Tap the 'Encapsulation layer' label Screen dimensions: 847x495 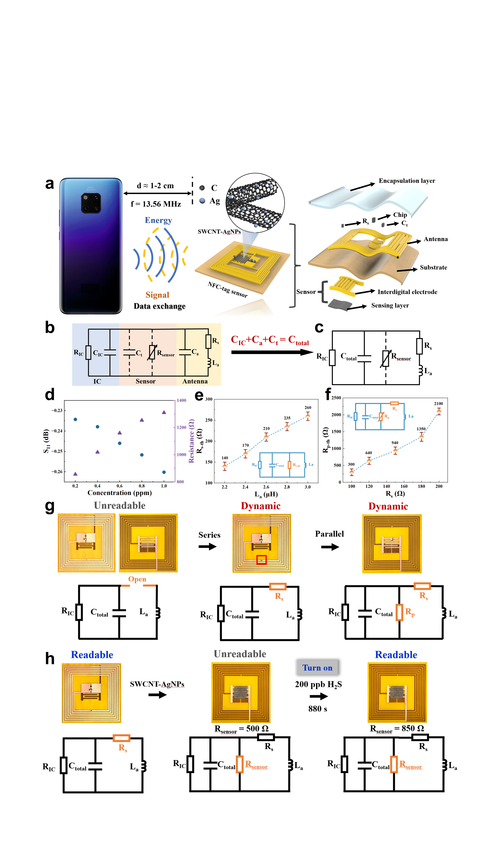tap(407, 181)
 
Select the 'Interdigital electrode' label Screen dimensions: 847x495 tap(407, 292)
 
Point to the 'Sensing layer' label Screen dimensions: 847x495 tap(390, 305)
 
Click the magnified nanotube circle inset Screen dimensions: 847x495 tap(255, 203)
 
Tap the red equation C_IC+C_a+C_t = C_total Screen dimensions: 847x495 tap(270, 340)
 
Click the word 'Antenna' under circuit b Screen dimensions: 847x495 tap(195, 381)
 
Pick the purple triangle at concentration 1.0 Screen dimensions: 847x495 tap(164, 412)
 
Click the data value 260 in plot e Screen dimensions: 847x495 tap(308, 407)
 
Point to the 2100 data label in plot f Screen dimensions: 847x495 tap(438, 403)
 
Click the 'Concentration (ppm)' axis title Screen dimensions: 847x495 tap(119, 493)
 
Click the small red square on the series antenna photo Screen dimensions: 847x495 tap(261, 559)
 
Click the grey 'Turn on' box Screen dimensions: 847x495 tap(317, 668)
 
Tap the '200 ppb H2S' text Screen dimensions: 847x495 tap(318, 684)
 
